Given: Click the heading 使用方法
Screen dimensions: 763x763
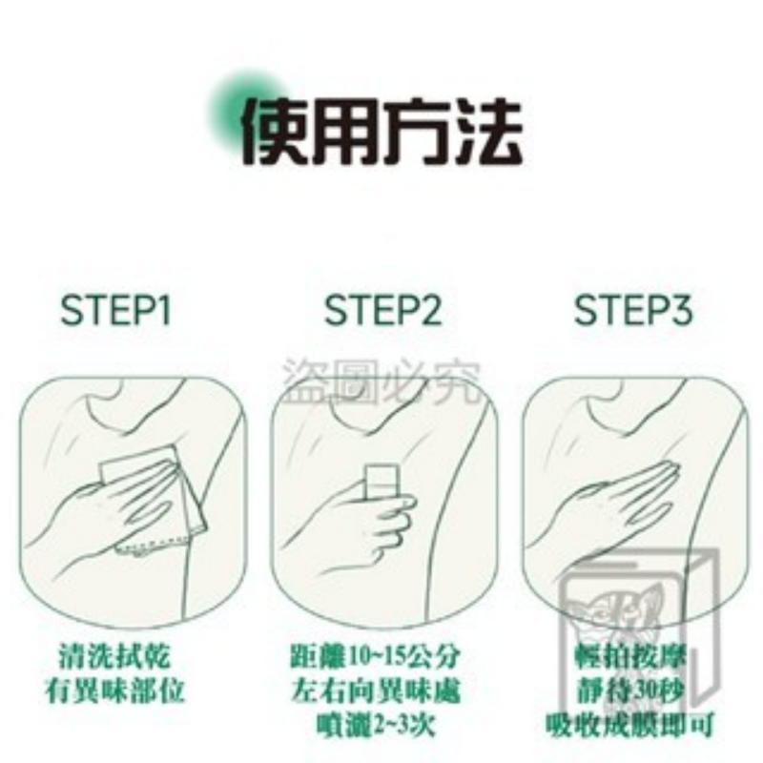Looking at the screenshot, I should pos(381,131).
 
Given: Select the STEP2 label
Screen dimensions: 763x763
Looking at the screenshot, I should pos(381,311).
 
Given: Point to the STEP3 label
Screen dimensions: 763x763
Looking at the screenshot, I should pos(632,311).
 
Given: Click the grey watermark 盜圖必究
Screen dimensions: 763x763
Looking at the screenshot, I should pos(381,379).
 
